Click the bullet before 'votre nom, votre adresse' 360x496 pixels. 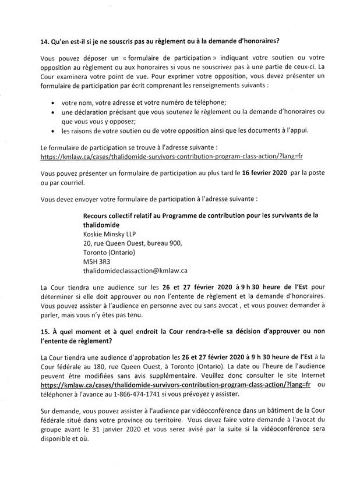(x=54, y=102)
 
